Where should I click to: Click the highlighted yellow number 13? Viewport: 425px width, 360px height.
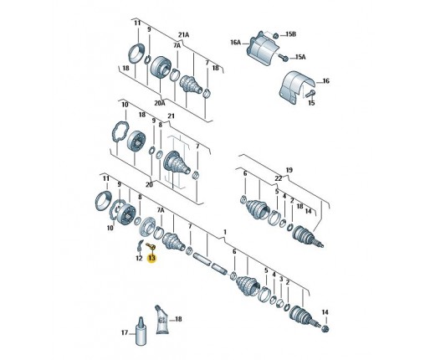coord(151,258)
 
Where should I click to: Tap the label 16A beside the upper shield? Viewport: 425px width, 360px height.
coord(236,43)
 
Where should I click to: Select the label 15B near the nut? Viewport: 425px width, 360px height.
coord(290,34)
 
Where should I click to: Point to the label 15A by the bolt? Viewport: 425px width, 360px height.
coord(300,57)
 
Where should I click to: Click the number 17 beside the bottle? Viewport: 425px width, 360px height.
coord(125,332)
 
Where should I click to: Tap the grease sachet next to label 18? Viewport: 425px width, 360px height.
coord(162,319)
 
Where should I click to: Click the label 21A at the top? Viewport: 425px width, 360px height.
coord(184,35)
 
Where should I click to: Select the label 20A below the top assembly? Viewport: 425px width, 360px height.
coord(160,103)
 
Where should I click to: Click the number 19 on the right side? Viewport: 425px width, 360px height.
coord(289,170)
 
